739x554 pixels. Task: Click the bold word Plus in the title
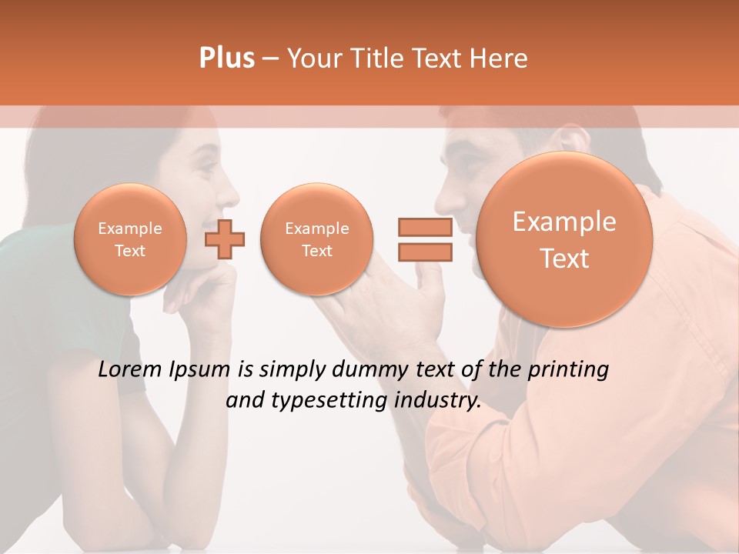pyautogui.click(x=226, y=58)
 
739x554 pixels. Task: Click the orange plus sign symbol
pyautogui.click(x=225, y=239)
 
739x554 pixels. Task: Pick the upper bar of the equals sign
pyautogui.click(x=424, y=227)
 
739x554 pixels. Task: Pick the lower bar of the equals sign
pyautogui.click(x=424, y=252)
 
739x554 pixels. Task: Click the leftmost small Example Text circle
pyautogui.click(x=130, y=239)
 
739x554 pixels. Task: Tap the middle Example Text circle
pyautogui.click(x=316, y=239)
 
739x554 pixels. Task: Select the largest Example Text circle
pyautogui.click(x=564, y=239)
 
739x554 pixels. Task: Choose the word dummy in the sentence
pyautogui.click(x=369, y=370)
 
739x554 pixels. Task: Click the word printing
pyautogui.click(x=570, y=370)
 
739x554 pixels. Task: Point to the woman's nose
pyautogui.click(x=230, y=192)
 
